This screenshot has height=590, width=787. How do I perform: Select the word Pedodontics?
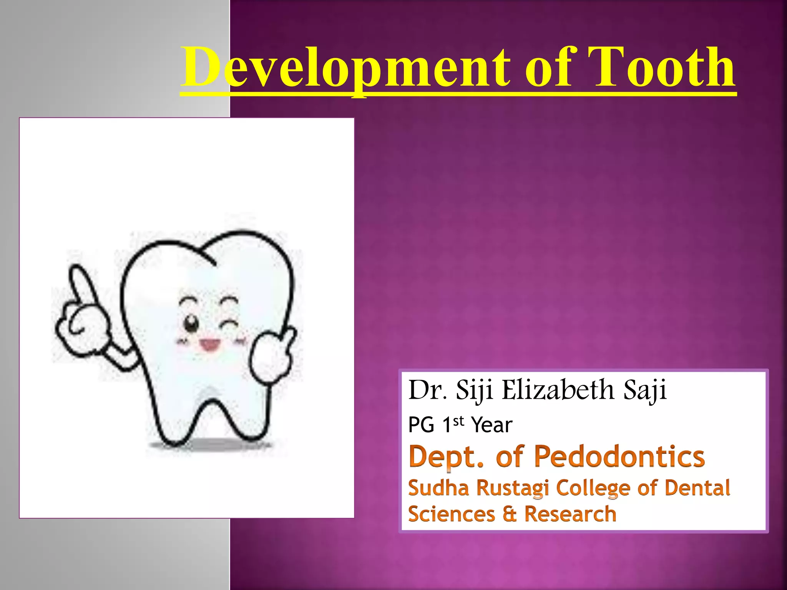coord(619,457)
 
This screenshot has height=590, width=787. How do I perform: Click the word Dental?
coord(697,488)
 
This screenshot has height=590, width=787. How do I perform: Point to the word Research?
coord(570,514)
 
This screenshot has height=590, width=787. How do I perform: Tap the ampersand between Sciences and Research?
coord(510,514)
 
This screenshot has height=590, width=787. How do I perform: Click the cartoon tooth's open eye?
coord(191,323)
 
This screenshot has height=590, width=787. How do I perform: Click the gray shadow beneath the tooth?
coord(209,446)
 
